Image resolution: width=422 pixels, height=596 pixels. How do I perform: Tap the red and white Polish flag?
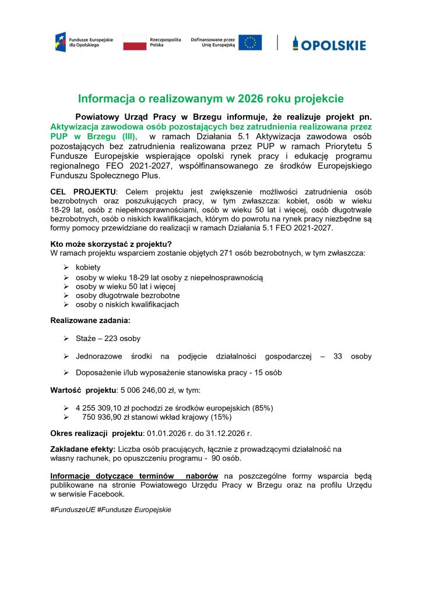(x=134, y=42)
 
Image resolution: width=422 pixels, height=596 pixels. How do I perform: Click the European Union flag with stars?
(x=250, y=42)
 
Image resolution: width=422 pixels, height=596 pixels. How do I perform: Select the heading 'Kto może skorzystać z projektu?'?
(x=111, y=244)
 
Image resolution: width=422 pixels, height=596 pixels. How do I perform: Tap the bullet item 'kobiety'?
(x=88, y=267)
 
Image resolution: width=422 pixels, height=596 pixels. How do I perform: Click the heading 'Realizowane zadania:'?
(x=90, y=320)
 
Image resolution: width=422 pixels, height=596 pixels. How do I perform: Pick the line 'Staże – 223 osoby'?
(x=108, y=338)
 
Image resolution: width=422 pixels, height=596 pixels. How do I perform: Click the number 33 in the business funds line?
(x=337, y=356)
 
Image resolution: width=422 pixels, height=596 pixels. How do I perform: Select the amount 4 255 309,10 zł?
(x=109, y=408)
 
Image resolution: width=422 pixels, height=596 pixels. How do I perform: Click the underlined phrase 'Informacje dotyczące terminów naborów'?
(x=134, y=476)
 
